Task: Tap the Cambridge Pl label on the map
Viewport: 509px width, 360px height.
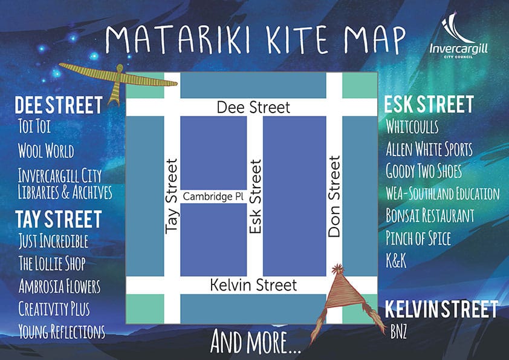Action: pos(213,197)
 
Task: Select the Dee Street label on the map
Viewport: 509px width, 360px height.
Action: pos(253,108)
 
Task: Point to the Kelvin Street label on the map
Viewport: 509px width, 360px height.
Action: pos(253,284)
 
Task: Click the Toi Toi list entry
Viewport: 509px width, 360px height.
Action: pos(35,128)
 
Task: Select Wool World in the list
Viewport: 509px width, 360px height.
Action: pos(46,150)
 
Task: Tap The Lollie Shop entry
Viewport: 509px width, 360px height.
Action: pos(51,264)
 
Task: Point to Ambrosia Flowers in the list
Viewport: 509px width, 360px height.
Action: pos(59,286)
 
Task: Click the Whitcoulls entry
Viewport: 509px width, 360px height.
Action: pos(412,127)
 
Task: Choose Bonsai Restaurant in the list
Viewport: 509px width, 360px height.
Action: pos(430,215)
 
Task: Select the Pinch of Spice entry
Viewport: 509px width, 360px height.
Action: pos(418,238)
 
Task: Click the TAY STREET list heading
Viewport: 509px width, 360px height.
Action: pos(58,218)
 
